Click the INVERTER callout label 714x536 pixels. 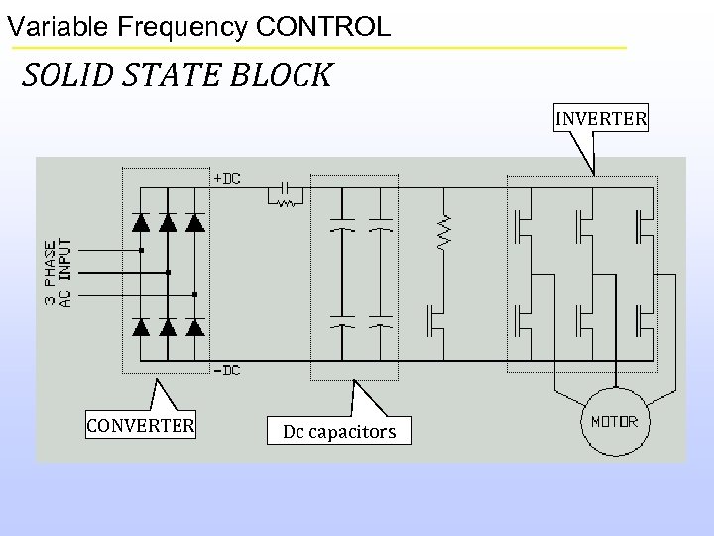[601, 120]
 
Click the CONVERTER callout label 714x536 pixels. [140, 427]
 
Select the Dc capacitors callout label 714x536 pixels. [339, 432]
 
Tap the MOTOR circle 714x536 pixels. [615, 422]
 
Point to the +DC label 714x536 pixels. [227, 178]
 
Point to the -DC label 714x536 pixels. [227, 370]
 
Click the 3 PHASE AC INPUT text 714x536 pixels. [58, 271]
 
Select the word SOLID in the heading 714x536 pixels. [61, 75]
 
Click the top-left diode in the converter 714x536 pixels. [142, 223]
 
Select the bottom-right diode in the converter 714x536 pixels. [194, 325]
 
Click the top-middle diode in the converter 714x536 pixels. [168, 223]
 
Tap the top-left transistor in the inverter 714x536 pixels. [520, 226]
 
